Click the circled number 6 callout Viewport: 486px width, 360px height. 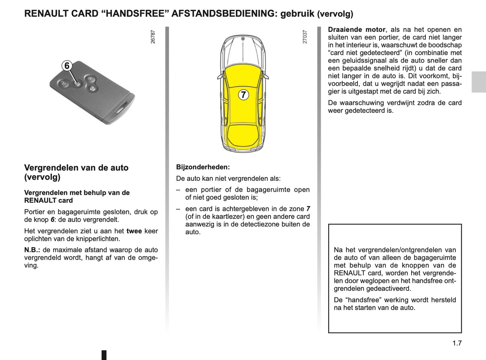[x=67, y=66]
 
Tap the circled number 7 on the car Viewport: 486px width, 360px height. [x=244, y=95]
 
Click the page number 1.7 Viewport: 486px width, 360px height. [x=457, y=343]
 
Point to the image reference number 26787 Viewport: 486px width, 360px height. [x=153, y=37]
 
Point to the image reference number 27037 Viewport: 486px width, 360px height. [x=305, y=37]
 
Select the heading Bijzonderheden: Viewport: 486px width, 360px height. [x=203, y=167]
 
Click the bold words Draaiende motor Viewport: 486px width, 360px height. [x=357, y=30]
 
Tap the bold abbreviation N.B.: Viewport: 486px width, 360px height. [x=32, y=250]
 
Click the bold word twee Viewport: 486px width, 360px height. [x=134, y=231]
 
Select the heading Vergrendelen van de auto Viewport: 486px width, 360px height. [x=76, y=168]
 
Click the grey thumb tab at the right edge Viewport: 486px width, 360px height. [x=479, y=82]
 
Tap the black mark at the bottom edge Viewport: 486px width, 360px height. [x=104, y=355]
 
